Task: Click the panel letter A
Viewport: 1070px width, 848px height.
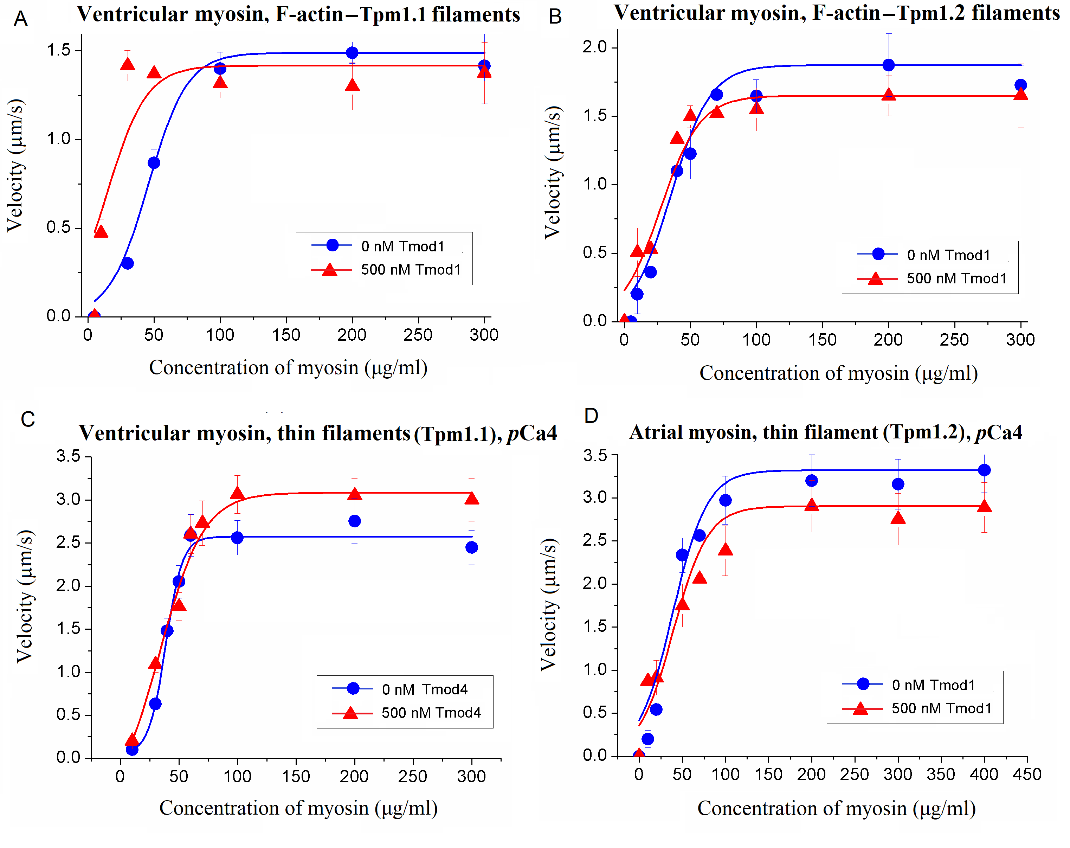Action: [20, 19]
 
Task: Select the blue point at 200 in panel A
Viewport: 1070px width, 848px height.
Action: [352, 53]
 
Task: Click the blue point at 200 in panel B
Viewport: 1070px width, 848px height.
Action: [888, 65]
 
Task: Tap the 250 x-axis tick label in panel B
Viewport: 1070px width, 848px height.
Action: [954, 340]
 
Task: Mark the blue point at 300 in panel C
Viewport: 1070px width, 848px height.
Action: [471, 547]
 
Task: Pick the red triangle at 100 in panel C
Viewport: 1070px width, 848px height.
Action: [237, 493]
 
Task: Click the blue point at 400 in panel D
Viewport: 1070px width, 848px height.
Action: [984, 470]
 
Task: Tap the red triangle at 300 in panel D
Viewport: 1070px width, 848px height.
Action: [898, 518]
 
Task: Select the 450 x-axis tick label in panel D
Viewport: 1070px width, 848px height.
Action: [1027, 775]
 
